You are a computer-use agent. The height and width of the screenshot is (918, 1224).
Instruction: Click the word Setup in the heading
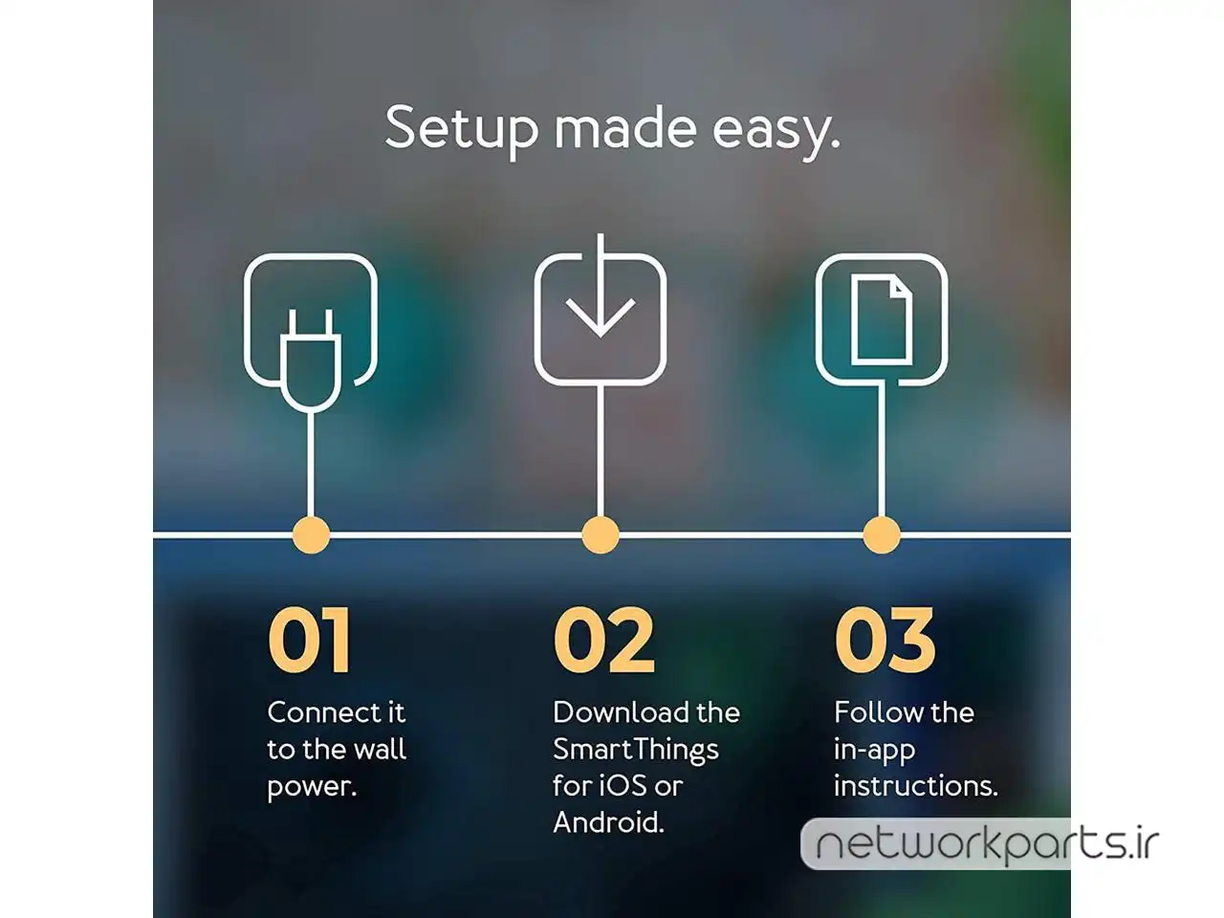[x=462, y=129]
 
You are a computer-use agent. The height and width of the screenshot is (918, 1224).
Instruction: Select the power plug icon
[x=311, y=361]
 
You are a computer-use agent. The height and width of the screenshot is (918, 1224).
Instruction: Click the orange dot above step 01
[x=311, y=535]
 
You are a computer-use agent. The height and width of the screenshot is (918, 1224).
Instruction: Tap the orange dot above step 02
[x=600, y=535]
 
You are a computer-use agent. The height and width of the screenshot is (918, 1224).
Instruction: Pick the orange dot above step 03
[x=882, y=535]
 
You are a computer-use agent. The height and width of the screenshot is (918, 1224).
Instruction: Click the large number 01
[x=309, y=641]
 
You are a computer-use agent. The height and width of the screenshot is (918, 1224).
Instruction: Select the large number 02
[x=604, y=641]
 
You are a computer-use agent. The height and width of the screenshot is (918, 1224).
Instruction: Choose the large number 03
[x=885, y=641]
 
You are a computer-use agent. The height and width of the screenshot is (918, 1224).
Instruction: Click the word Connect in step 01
[x=317, y=713]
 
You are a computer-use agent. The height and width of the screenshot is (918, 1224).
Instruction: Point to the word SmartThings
[x=636, y=751]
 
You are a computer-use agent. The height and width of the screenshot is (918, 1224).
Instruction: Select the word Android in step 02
[x=608, y=822]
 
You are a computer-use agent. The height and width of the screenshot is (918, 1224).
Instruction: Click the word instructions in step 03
[x=916, y=786]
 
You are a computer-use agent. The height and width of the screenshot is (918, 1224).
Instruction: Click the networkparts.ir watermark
[x=988, y=844]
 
